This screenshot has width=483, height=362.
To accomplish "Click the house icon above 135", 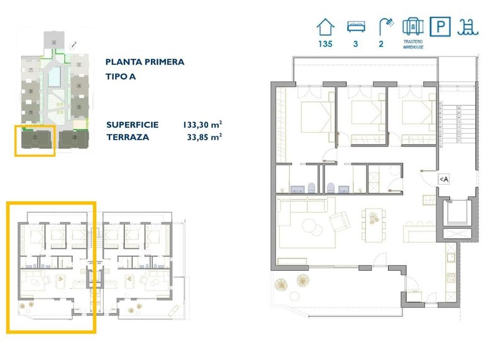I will click(325, 27).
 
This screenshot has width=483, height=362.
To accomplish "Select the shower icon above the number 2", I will click(383, 26).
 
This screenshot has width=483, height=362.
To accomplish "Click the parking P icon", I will click(438, 27).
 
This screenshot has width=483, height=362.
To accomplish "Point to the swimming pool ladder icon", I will click(466, 27).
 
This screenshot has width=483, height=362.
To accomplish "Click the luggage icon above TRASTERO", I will click(412, 27).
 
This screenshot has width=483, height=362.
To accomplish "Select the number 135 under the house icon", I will click(325, 45).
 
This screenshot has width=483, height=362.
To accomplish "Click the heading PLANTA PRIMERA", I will click(145, 62).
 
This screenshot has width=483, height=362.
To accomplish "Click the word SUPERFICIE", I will click(132, 124).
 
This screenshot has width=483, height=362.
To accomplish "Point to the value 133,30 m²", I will click(203, 124).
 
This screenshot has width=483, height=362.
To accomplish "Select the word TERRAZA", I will click(128, 136).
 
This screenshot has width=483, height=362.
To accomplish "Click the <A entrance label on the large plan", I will click(443, 180).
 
